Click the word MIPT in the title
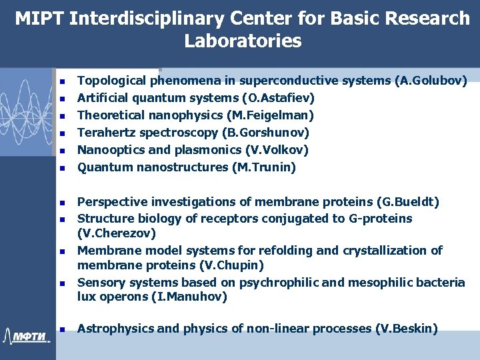pos(39,19)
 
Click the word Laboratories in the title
pos(243,41)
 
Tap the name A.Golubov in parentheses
pos(431,81)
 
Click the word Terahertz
pos(106,133)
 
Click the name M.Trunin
pos(263,167)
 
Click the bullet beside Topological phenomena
pos(61,82)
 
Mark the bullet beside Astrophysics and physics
pos(61,329)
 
